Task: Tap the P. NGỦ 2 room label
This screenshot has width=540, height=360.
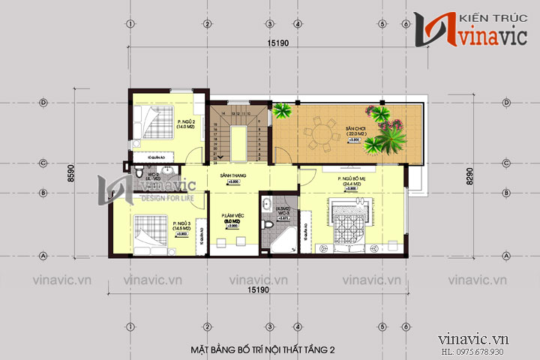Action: (x=186, y=124)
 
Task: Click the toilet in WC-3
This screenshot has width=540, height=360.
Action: (x=268, y=223)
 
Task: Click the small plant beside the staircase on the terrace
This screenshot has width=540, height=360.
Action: (x=283, y=112)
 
